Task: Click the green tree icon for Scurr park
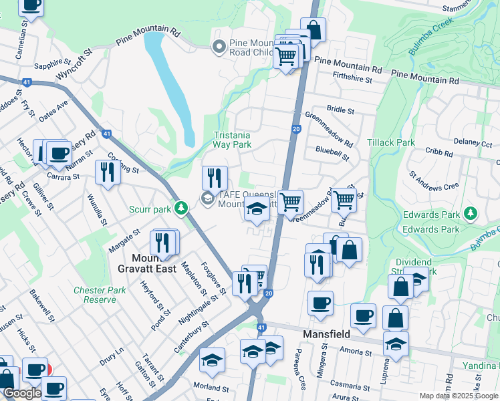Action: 180,209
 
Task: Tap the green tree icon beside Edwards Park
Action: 471,214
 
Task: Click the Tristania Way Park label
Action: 232,139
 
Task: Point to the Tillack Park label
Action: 391,142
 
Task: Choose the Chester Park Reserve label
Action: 100,295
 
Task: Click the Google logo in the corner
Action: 21,392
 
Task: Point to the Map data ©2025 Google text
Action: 459,396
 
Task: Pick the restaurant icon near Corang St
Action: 107,172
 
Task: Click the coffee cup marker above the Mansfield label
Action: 320,303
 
